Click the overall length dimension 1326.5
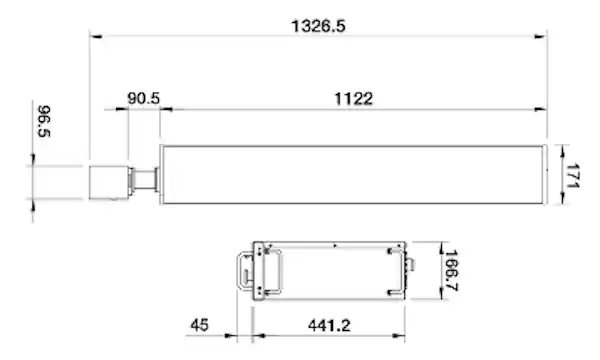click(318, 26)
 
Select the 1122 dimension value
click(354, 99)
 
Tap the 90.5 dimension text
click(143, 98)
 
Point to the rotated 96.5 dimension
click(44, 121)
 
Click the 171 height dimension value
click(572, 176)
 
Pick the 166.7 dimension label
click(451, 270)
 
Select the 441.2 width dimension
click(329, 326)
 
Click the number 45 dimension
click(199, 325)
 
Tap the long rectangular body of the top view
click(353, 174)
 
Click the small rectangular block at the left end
click(109, 182)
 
